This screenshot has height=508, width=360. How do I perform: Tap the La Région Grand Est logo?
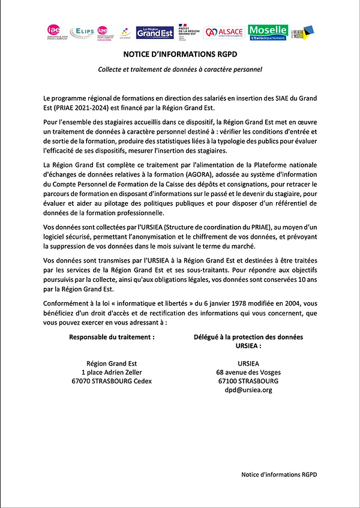(155, 32)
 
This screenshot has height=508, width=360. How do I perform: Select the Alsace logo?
(224, 32)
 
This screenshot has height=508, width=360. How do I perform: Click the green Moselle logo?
(268, 32)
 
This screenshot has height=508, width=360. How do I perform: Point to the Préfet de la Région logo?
(188, 32)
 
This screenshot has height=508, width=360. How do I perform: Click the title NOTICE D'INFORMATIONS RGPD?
(180, 54)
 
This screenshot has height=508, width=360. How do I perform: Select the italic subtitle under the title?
(180, 69)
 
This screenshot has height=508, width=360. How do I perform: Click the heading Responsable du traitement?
(112, 337)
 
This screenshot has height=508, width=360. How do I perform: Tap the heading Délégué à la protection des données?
(248, 337)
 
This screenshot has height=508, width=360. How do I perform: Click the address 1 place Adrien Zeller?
(112, 372)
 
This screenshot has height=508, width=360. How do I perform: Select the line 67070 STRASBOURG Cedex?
(112, 381)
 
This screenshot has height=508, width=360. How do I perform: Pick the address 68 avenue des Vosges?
(248, 372)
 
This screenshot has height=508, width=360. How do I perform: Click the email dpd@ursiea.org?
(248, 390)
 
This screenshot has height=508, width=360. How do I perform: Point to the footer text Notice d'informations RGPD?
(279, 474)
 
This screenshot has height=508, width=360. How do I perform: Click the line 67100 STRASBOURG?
(248, 381)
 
